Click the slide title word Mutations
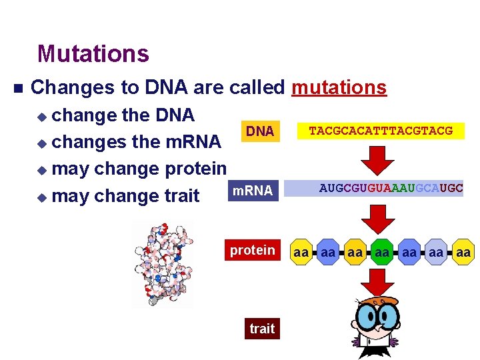(93, 53)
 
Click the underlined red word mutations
(339, 87)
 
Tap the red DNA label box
(260, 131)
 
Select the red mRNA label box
(251, 191)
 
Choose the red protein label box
(252, 251)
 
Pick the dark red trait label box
(262, 328)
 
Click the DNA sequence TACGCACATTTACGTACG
(381, 131)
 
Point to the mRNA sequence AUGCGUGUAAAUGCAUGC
(391, 189)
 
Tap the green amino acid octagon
(382, 253)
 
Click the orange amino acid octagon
(355, 253)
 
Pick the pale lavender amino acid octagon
(436, 253)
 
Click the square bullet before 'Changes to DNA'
(17, 88)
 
